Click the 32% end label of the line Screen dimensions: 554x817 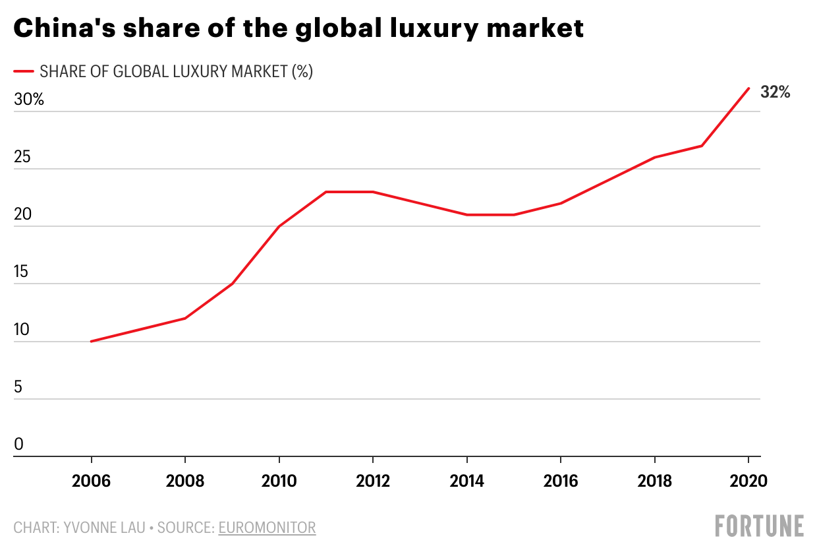pyautogui.click(x=775, y=92)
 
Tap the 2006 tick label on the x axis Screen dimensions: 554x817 pyautogui.click(x=92, y=481)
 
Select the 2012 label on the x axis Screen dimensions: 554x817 pyautogui.click(x=373, y=481)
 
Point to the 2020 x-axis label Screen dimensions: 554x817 pyautogui.click(x=748, y=481)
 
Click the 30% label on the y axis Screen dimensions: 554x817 pyautogui.click(x=28, y=100)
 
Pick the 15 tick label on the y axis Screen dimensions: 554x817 pyautogui.click(x=23, y=272)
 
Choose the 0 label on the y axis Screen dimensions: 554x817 pyautogui.click(x=18, y=445)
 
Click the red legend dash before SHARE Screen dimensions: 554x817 pyautogui.click(x=23, y=71)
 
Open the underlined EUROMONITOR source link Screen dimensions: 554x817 pyautogui.click(x=267, y=528)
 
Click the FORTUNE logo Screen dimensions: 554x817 pyautogui.click(x=760, y=526)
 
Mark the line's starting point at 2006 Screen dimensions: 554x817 pyautogui.click(x=92, y=341)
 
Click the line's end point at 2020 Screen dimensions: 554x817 pyautogui.click(x=748, y=88)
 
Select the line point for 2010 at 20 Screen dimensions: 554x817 pyautogui.click(x=279, y=226)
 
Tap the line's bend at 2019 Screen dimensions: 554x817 pyautogui.click(x=702, y=146)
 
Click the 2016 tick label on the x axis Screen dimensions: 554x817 pyautogui.click(x=561, y=481)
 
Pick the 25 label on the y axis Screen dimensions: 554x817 pyautogui.click(x=23, y=158)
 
